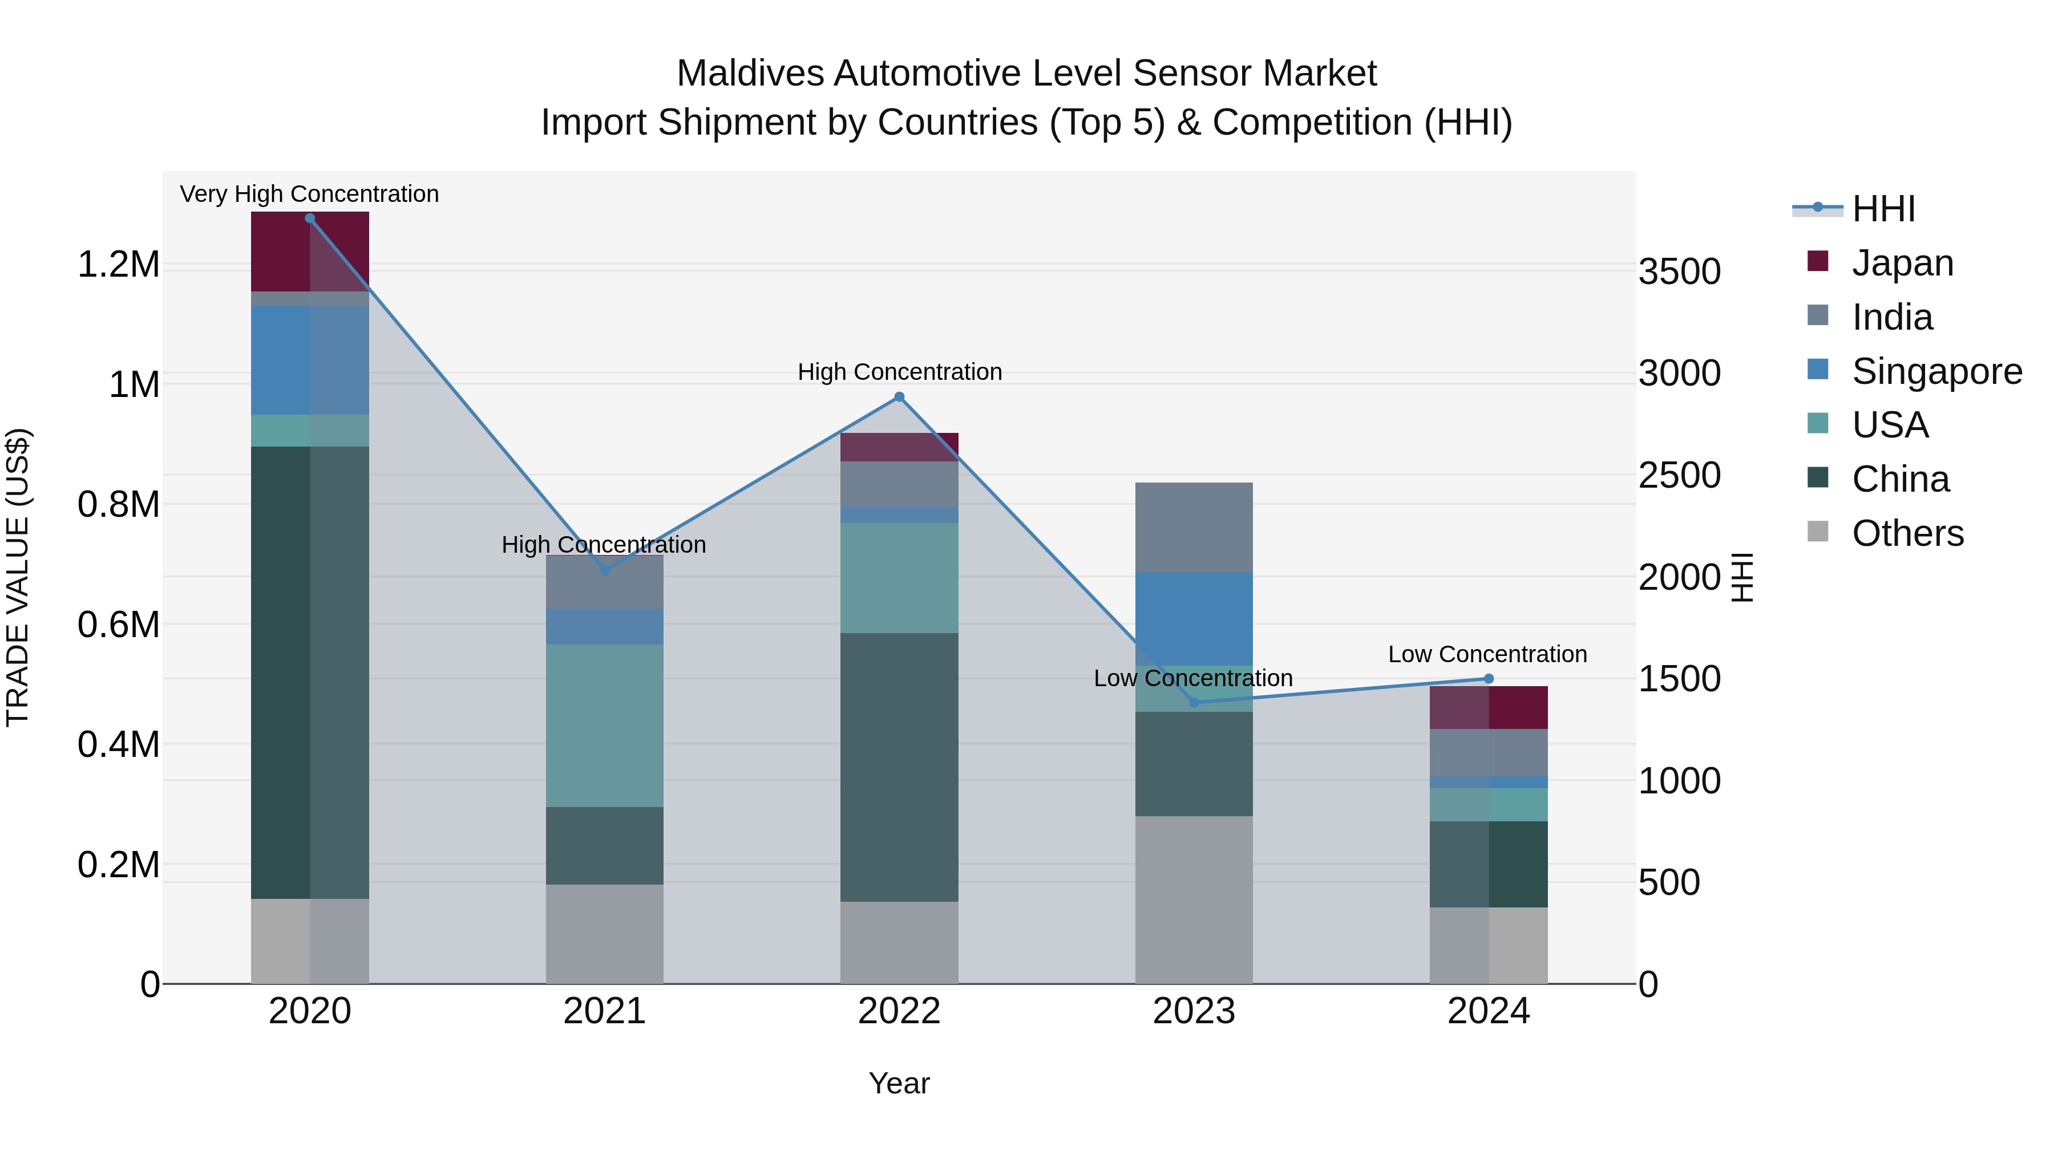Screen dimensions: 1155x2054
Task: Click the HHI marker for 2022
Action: [899, 397]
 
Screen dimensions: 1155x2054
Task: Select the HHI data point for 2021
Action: [604, 571]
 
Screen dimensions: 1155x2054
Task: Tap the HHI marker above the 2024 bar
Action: [1488, 679]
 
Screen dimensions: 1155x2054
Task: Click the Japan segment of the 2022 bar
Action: [899, 447]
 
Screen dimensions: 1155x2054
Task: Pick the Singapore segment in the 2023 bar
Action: [1194, 618]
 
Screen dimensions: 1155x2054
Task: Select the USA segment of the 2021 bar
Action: [604, 726]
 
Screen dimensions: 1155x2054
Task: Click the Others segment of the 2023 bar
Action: [1194, 899]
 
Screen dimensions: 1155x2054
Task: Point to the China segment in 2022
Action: [899, 767]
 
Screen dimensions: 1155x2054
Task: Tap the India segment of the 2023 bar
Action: [1194, 527]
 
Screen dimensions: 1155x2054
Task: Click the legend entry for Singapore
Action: [1936, 371]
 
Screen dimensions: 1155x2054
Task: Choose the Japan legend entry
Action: [1902, 263]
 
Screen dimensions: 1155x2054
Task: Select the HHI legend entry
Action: [1883, 209]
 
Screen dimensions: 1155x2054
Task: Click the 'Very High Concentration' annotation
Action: [309, 194]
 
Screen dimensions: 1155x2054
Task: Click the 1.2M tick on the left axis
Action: [119, 265]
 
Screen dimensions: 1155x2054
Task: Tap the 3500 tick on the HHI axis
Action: [1679, 272]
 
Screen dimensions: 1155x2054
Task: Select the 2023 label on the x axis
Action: [1194, 1011]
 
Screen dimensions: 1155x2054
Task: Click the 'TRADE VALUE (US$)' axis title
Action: [18, 577]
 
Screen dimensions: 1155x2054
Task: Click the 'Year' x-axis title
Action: [899, 1083]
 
